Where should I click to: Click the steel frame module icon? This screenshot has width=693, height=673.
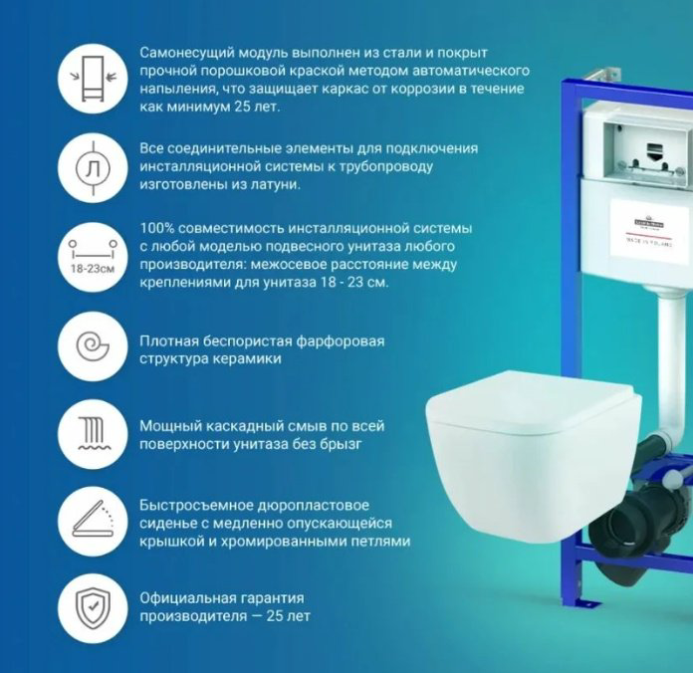tap(93, 79)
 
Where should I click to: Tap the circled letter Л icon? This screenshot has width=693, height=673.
tap(93, 168)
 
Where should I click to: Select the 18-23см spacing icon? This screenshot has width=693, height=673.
tap(93, 257)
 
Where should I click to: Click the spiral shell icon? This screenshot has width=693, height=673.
tap(93, 346)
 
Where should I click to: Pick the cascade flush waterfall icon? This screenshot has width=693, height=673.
tap(93, 433)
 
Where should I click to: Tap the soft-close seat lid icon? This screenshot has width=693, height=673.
tap(93, 521)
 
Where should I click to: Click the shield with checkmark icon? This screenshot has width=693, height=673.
tap(93, 608)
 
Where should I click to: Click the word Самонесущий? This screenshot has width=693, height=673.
tap(187, 53)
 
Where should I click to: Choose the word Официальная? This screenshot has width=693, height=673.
tap(188, 598)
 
